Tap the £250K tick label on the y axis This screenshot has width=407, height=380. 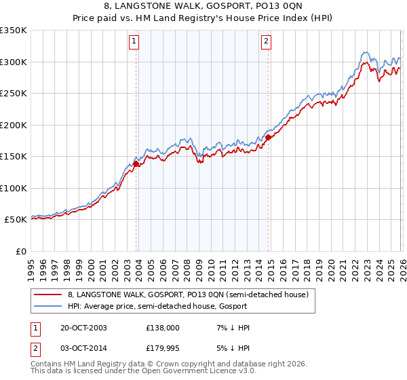click(14, 94)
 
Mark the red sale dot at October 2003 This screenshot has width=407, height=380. click(136, 164)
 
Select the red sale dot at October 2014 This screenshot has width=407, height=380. click(268, 137)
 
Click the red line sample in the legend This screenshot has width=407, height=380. click(48, 295)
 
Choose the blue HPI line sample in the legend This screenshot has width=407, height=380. click(48, 306)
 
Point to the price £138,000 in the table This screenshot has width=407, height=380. click(163, 328)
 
